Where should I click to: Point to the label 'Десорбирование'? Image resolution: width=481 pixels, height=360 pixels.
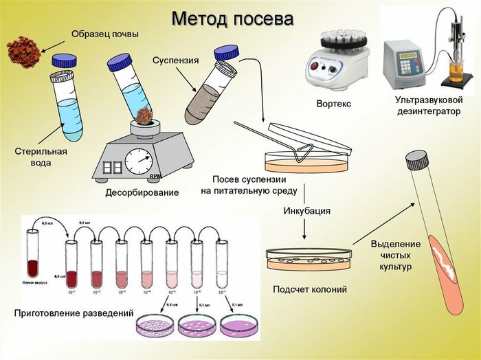(x=142, y=193)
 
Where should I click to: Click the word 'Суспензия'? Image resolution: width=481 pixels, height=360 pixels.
(x=175, y=60)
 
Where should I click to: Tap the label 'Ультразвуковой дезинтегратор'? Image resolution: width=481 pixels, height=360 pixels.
(x=429, y=106)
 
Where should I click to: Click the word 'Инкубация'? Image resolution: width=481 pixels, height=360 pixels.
(x=307, y=211)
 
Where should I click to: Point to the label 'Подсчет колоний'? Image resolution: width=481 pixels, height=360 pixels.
(x=309, y=289)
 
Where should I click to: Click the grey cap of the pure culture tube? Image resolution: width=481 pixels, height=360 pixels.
(x=417, y=160)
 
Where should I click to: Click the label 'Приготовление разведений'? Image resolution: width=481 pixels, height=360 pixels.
(x=74, y=313)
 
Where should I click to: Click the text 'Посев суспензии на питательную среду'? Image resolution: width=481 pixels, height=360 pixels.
(x=249, y=185)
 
